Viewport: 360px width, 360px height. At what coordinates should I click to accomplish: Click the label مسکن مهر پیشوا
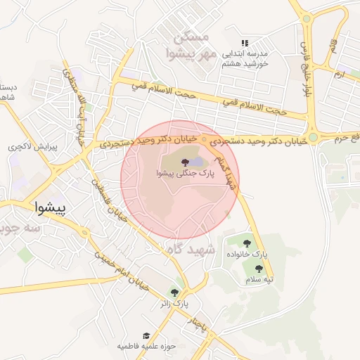coord(188,44)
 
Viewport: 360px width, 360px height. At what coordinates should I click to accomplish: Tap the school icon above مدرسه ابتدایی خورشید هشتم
coord(245,43)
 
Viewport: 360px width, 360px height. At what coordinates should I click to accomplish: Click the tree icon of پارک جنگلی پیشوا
coord(174,163)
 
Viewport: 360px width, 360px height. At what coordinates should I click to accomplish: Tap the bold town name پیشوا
coord(53,207)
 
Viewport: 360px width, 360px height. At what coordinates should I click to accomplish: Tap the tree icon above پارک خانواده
coord(247,243)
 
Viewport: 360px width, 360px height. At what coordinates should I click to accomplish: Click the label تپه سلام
coord(259,279)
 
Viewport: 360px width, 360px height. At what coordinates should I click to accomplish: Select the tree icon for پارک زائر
coord(174,292)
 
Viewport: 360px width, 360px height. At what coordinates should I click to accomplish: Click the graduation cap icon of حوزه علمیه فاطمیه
coord(146,336)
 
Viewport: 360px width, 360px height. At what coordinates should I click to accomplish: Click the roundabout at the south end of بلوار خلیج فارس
coord(312,138)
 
